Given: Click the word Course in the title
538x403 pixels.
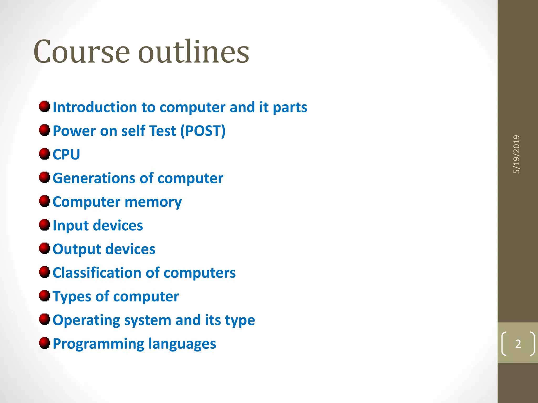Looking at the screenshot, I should tap(81, 52).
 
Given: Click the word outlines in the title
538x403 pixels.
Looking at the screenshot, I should tap(194, 52).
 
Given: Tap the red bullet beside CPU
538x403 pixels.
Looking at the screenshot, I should tap(45, 154).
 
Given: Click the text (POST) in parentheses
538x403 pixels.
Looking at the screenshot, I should tap(203, 131).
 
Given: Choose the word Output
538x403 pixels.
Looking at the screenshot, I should tap(77, 249).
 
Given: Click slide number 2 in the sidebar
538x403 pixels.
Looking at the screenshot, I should tap(518, 344).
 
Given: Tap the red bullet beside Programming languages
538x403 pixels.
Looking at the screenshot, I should tap(45, 343).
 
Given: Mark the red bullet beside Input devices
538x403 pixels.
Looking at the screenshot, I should tap(45, 225).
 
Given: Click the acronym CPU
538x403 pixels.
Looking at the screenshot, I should tap(66, 155).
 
